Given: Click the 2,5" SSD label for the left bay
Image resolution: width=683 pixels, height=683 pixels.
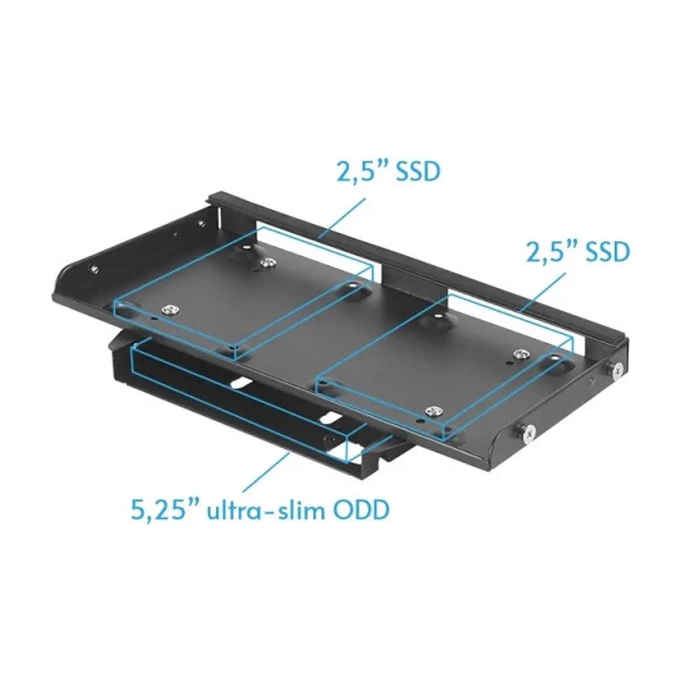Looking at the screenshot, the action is point(388,171).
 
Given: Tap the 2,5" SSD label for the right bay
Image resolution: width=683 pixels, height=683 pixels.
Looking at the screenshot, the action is point(578,251).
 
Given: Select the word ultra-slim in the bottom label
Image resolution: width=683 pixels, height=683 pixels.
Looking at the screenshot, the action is point(265,509).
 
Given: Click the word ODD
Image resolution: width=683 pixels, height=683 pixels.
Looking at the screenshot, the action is point(362,509).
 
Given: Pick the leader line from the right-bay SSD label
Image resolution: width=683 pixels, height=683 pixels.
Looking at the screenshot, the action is point(543,293).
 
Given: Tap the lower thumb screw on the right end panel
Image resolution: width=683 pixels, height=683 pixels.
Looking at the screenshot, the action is point(528,432).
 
